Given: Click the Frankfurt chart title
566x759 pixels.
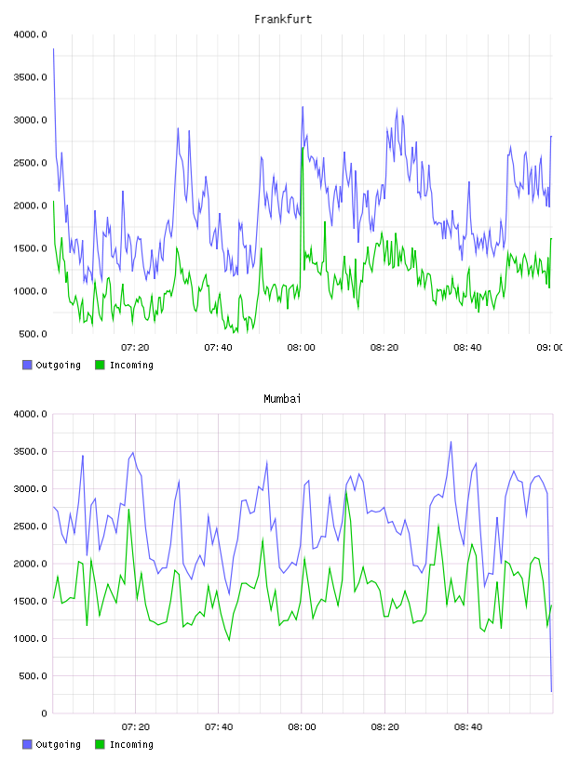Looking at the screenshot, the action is pos(283,20).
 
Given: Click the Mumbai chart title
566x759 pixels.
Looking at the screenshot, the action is pos(282,399).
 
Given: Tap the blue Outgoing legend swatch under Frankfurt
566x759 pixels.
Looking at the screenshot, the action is pos(27,365).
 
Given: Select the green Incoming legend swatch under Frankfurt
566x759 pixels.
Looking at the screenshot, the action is pos(100,365).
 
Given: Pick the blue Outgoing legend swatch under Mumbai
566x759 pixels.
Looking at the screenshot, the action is pos(27,744).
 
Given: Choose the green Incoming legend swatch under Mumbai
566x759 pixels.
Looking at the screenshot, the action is pos(100,744).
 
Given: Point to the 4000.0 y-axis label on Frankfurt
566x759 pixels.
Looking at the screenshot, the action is pos(30,34).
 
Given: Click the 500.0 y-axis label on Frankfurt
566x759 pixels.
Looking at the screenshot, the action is pos(33,334).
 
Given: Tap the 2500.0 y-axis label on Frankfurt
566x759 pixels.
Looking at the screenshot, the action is pos(30,163).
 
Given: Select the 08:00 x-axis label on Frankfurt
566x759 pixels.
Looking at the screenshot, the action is pos(301,348).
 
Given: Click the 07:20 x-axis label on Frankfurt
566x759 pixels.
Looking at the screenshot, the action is pos(135,348).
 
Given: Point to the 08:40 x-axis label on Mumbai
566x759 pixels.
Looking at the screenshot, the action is pos(468,727).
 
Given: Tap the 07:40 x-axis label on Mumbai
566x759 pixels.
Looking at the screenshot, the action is pos(219,727).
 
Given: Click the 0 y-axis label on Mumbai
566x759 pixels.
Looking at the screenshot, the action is pos(44,713).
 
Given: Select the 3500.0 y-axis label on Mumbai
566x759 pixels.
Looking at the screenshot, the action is pos(30,452).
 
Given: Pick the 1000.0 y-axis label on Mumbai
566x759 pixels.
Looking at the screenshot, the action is pos(30,638).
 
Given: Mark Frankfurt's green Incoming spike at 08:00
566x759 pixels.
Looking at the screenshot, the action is pos(303,148).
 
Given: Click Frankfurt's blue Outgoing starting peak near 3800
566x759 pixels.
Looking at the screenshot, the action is pos(53,49).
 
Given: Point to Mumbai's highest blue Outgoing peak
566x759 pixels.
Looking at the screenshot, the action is pos(451,442).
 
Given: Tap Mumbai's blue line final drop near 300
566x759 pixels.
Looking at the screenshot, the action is pos(551,691).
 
